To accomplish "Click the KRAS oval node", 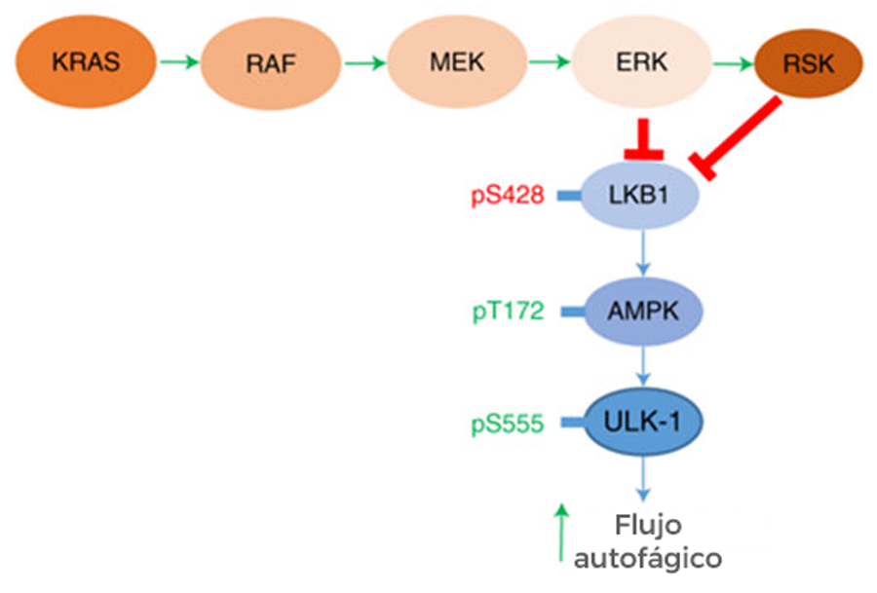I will [87, 63].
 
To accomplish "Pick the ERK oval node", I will [641, 64].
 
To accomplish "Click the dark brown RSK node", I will [809, 66].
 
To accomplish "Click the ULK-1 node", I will [642, 423].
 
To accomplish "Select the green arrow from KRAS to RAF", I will [177, 64].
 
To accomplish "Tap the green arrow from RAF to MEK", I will [363, 64].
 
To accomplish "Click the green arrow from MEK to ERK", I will [549, 64].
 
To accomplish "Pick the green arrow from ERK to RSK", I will [734, 65].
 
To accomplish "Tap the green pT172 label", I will [508, 312].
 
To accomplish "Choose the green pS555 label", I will [508, 424].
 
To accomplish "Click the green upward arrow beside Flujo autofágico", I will [561, 532].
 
